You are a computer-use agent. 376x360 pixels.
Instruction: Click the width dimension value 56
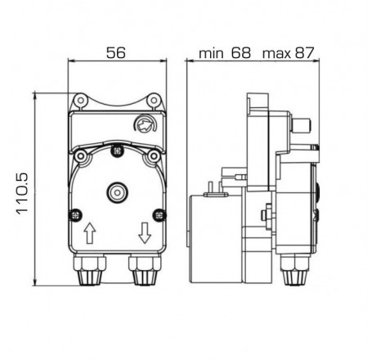click(x=115, y=52)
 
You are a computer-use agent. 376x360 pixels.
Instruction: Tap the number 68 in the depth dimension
click(x=243, y=54)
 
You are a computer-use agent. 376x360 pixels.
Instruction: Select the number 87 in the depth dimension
click(x=303, y=54)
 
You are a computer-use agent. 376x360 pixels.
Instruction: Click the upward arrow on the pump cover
click(x=88, y=235)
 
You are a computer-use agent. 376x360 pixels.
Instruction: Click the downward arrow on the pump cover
click(x=145, y=235)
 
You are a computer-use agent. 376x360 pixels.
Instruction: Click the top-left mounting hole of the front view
click(x=79, y=101)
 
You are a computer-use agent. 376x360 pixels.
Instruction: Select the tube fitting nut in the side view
click(x=291, y=273)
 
